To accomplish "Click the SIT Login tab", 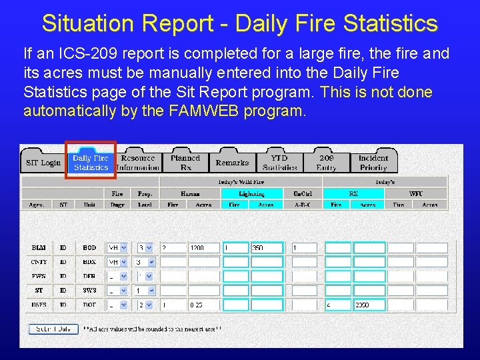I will (43, 163).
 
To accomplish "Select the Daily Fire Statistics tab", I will (91, 163).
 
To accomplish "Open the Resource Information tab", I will (138, 163).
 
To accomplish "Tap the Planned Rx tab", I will (185, 163).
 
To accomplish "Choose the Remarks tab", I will (232, 163).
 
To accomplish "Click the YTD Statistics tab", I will (279, 163).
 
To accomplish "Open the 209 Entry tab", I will (327, 163).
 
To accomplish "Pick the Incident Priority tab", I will (373, 163).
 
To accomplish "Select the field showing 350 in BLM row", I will (266, 248).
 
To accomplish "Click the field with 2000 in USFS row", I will (369, 305).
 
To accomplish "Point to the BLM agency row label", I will (39, 248).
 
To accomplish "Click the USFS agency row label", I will (39, 305).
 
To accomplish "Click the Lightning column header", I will (252, 193).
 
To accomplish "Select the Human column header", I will (190, 193).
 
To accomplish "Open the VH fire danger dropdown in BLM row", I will (117, 248).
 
